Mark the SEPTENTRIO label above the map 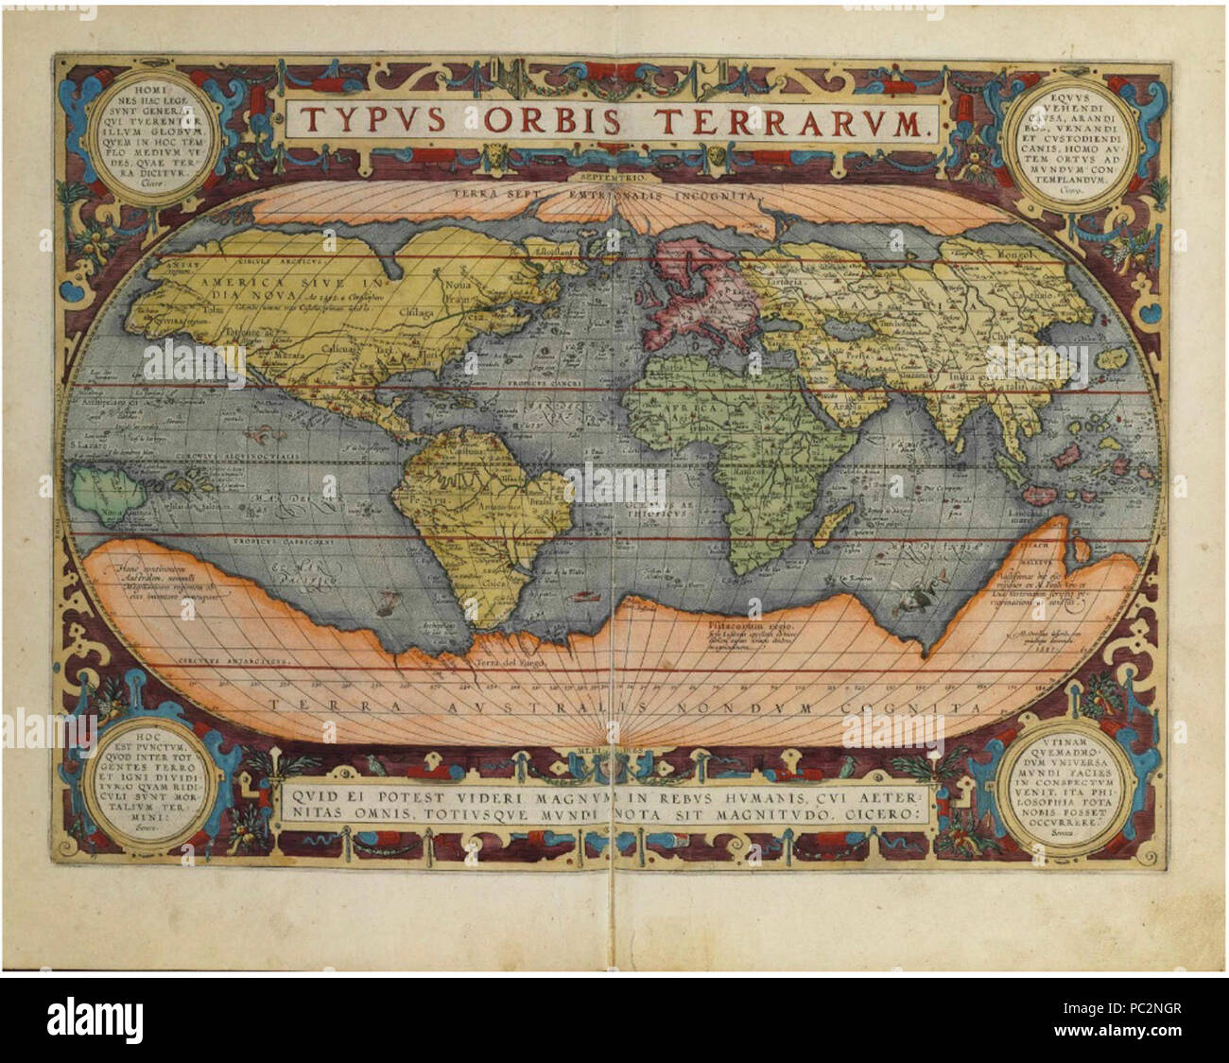614,176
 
